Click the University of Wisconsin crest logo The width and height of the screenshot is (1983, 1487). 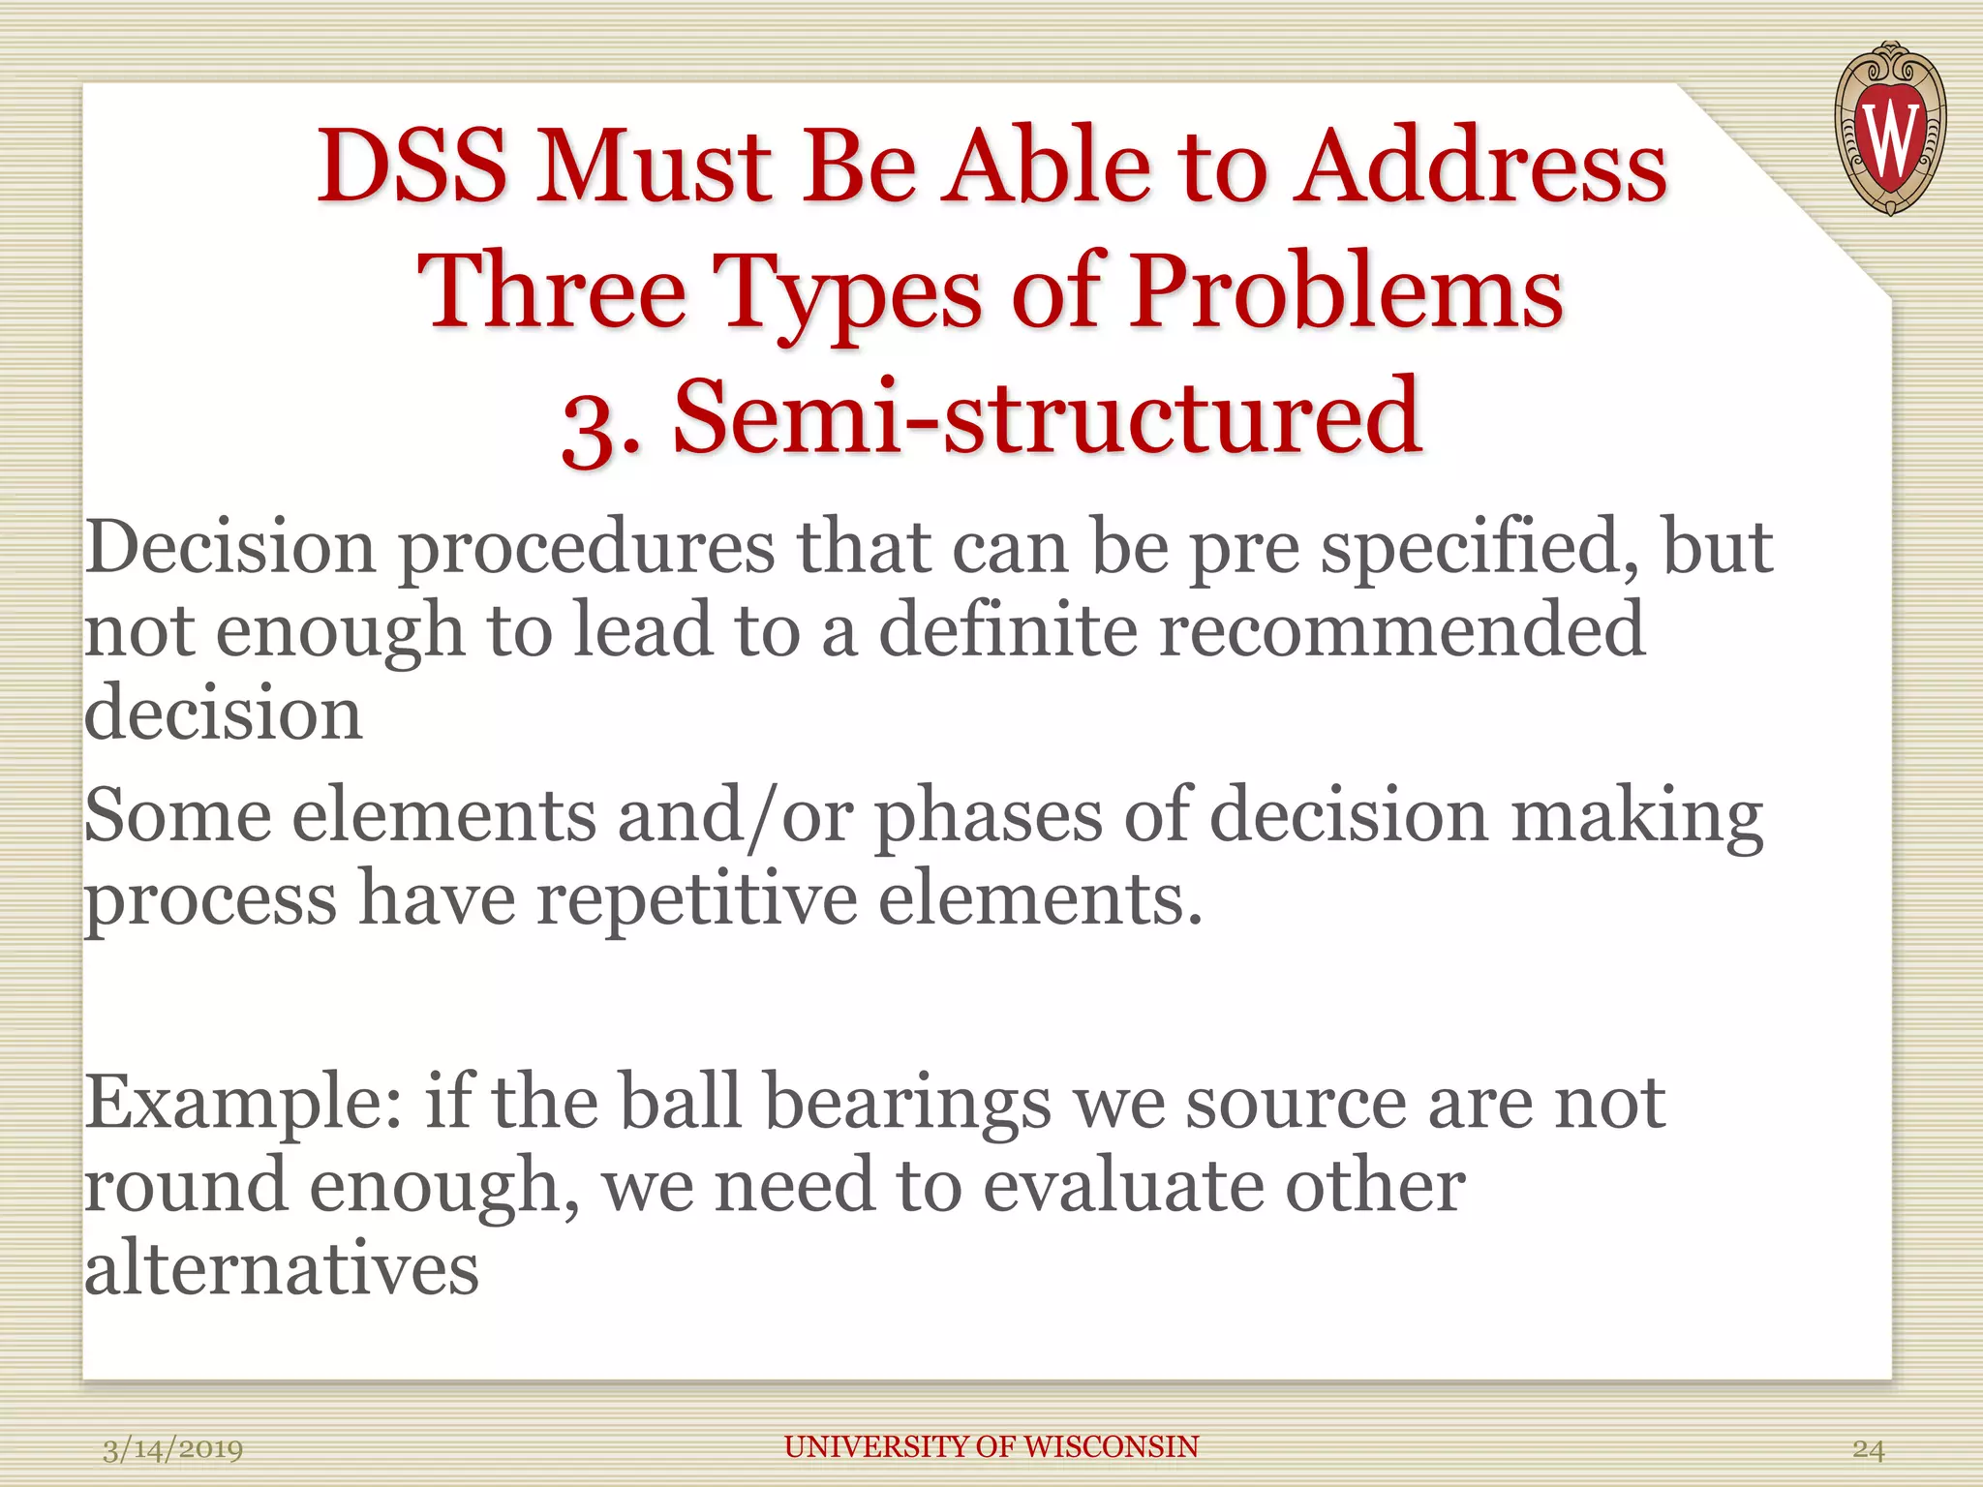[x=1890, y=128]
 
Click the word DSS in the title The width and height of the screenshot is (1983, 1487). [x=412, y=167]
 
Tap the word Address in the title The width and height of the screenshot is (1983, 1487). [x=1481, y=167]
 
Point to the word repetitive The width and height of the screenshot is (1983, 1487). [x=697, y=898]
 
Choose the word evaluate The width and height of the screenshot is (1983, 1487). [x=1123, y=1186]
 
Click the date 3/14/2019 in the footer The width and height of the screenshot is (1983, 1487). [x=172, y=1449]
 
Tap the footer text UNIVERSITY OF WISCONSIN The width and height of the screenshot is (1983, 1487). [x=991, y=1446]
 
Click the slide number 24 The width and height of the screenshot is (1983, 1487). [x=1868, y=1449]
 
